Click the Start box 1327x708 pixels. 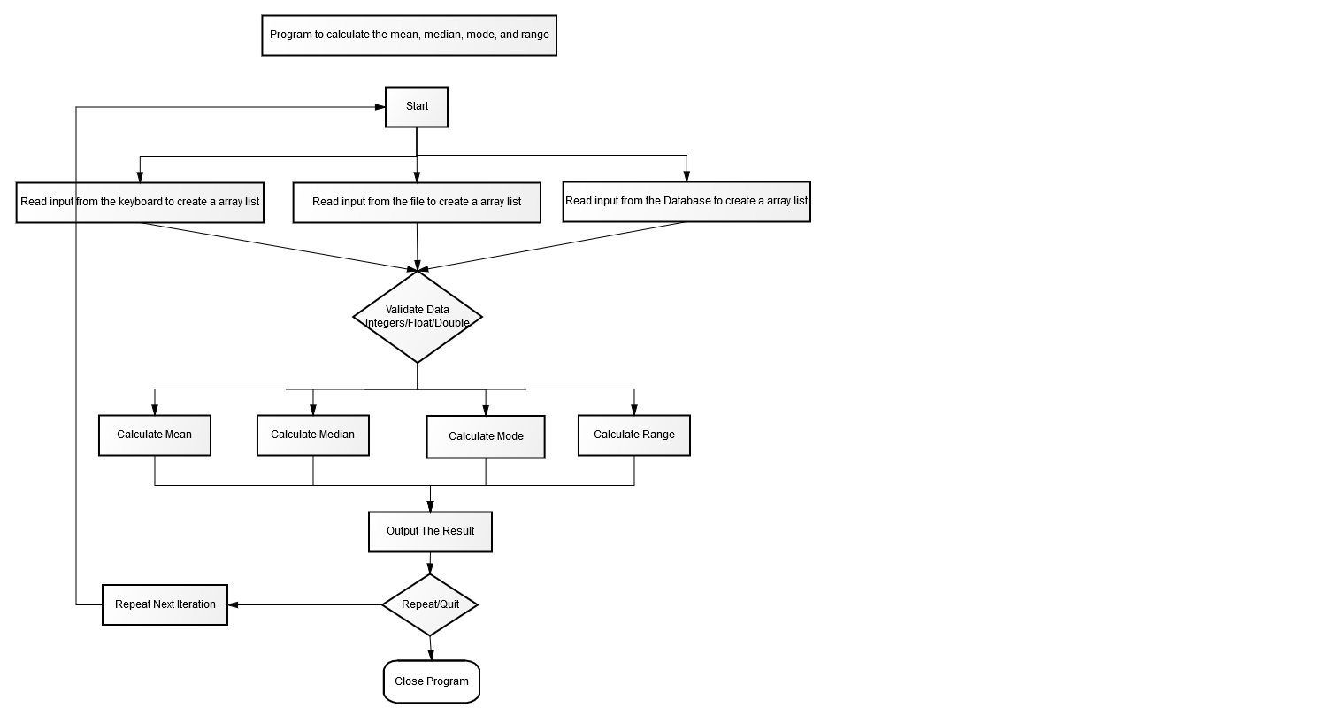pyautogui.click(x=417, y=107)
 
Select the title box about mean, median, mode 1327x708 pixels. pyautogui.click(x=410, y=35)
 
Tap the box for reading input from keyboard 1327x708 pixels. pyautogui.click(x=140, y=203)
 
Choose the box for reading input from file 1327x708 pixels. pyautogui.click(x=417, y=203)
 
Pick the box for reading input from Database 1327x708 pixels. pyautogui.click(x=687, y=202)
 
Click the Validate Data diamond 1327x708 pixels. pyautogui.click(x=418, y=317)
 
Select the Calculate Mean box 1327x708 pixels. pyautogui.click(x=155, y=435)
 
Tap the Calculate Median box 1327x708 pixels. pyautogui.click(x=313, y=435)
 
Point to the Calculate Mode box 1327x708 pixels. pyautogui.click(x=486, y=437)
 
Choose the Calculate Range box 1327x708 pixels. pyautogui.click(x=634, y=435)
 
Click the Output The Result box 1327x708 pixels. pyautogui.click(x=430, y=532)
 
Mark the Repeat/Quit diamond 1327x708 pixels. pyautogui.click(x=430, y=605)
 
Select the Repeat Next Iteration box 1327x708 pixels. pyautogui.click(x=165, y=605)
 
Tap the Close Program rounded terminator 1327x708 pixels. pyautogui.click(x=432, y=682)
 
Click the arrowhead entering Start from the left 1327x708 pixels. pyautogui.click(x=380, y=107)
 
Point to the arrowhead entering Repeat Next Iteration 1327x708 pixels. pyautogui.click(x=233, y=605)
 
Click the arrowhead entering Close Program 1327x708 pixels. pyautogui.click(x=431, y=655)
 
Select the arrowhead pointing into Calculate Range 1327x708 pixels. pyautogui.click(x=634, y=410)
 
